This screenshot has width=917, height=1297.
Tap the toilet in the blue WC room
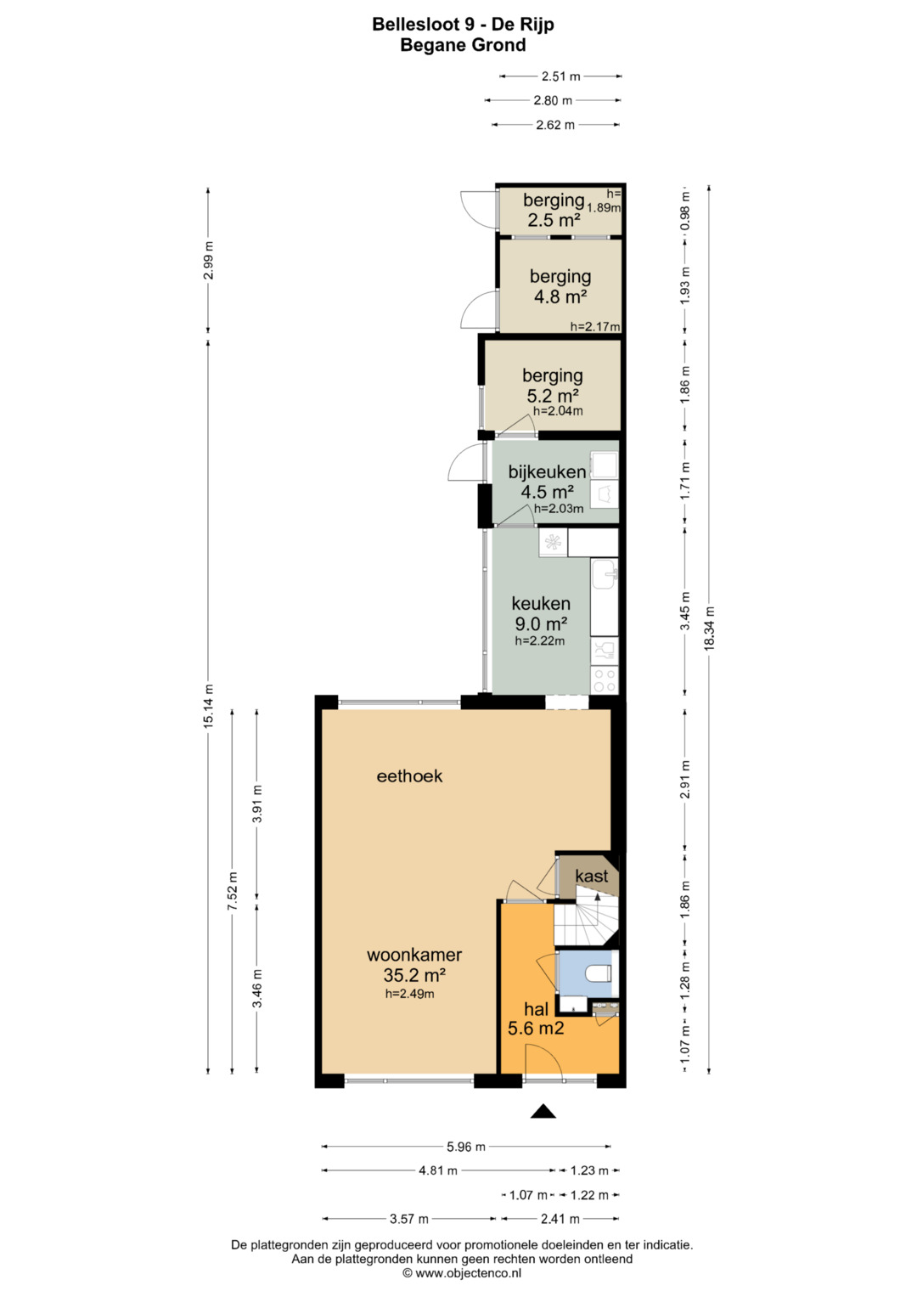pyautogui.click(x=599, y=973)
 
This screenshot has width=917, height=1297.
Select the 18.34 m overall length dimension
pyautogui.click(x=709, y=629)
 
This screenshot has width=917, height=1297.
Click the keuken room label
pyautogui.click(x=541, y=603)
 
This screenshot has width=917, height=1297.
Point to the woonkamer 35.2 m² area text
pyautogui.click(x=414, y=975)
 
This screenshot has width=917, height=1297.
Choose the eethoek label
pyautogui.click(x=409, y=775)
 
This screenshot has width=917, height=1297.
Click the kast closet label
pyautogui.click(x=591, y=876)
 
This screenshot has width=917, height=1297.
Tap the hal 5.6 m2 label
pyautogui.click(x=536, y=1018)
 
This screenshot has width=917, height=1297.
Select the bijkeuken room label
pyautogui.click(x=547, y=472)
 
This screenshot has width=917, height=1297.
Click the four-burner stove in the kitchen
pyautogui.click(x=605, y=680)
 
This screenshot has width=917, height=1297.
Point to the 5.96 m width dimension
pyautogui.click(x=466, y=1147)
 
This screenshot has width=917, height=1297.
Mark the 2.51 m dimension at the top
pyautogui.click(x=560, y=76)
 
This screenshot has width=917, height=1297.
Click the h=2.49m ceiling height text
pyautogui.click(x=410, y=994)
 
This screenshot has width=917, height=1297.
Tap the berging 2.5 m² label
pyautogui.click(x=554, y=210)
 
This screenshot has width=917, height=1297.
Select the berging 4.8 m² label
pyautogui.click(x=560, y=286)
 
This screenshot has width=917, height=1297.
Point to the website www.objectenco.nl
pyautogui.click(x=469, y=1273)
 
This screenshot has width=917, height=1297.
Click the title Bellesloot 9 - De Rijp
pyautogui.click(x=463, y=25)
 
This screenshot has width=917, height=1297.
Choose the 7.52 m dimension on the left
pyautogui.click(x=232, y=891)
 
